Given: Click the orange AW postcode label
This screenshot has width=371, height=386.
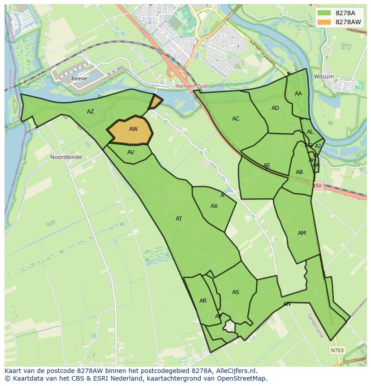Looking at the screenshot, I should pos(133,129).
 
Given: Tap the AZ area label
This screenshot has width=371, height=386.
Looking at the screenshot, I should pos(91,112).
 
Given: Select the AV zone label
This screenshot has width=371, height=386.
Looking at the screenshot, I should pos(131,152).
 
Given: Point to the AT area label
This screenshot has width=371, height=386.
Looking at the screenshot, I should pos(179,219).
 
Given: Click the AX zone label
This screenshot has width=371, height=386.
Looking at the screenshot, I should pos(214,206).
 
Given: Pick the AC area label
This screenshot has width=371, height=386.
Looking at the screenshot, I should pos(236,119).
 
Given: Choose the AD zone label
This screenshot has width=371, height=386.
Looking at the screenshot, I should pos(275,108).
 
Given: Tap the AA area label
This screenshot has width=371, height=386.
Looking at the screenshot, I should pos(298,94).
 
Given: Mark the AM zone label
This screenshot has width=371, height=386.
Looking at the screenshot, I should pos(302,233).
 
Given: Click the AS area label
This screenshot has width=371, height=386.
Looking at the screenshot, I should pos(236,292).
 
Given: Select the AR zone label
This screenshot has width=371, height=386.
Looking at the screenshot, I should pos(203,301).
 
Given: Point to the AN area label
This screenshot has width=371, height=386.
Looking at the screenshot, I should pos(287,304).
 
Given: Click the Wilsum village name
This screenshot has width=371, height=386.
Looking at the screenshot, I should pos(324,77).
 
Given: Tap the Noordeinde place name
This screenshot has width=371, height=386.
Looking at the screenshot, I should pos(66,157).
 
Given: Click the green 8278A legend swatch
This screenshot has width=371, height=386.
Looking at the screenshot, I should pos(324,13).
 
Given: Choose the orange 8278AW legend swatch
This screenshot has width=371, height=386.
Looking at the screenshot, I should pos(324,22).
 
